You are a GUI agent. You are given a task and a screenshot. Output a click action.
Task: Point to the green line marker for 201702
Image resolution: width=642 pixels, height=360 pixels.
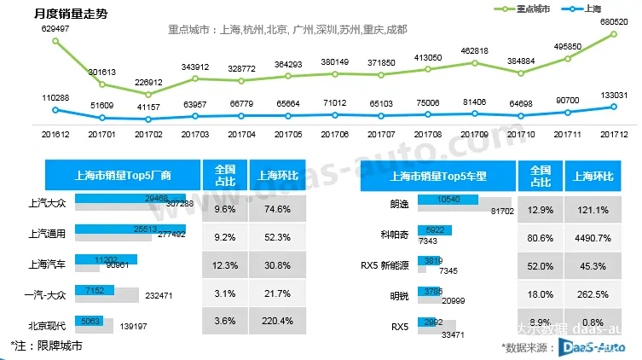click(x=148, y=94)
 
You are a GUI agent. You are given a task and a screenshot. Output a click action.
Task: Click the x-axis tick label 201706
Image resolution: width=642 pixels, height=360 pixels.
click(x=335, y=134)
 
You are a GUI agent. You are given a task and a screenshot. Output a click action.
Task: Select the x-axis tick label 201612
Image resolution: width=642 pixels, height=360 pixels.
click(x=55, y=134)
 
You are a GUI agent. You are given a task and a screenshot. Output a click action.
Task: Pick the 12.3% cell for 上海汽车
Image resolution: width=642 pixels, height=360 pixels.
click(x=225, y=265)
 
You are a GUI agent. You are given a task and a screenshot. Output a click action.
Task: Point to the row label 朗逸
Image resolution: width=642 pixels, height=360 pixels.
click(x=400, y=204)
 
